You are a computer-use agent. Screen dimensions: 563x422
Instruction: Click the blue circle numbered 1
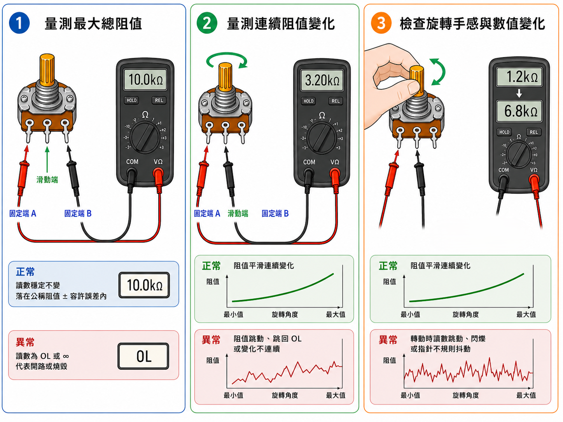[x=19, y=23]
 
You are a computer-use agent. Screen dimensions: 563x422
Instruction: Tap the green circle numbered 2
[x=207, y=23]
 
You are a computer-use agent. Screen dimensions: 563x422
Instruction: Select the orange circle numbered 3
[x=381, y=23]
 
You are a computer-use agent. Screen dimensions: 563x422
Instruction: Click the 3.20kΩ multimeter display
[x=322, y=80]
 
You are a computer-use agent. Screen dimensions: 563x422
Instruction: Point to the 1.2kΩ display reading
[x=519, y=77]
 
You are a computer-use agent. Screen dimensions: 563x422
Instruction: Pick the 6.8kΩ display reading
[x=519, y=111]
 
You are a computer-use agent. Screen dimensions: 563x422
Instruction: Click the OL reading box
[x=143, y=356]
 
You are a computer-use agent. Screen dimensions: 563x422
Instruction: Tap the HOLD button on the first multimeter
[x=131, y=100]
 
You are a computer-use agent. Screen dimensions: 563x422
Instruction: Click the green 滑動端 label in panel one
[x=47, y=180]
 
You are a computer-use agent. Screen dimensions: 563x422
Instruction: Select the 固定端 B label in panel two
[x=275, y=213]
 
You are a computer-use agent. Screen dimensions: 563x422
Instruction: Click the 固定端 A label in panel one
[x=23, y=213]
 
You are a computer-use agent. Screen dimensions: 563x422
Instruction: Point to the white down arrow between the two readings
[x=519, y=93]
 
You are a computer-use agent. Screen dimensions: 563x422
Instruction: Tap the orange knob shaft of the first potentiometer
[x=47, y=69]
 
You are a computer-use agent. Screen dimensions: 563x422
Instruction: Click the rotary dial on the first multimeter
[x=145, y=137]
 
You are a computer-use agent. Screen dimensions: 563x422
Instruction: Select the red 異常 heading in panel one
[x=25, y=342]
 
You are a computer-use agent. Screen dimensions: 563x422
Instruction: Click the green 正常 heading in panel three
[x=388, y=266]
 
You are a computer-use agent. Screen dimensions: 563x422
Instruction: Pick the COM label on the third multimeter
[x=503, y=170]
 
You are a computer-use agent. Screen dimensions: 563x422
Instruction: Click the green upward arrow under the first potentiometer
[x=47, y=159]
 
